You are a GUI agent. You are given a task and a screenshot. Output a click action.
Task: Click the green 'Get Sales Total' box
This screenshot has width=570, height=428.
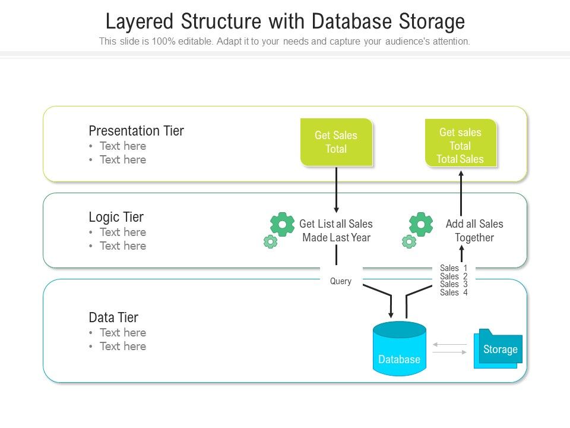(336, 142)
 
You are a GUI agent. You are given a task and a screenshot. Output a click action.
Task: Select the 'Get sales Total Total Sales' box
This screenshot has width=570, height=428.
(460, 145)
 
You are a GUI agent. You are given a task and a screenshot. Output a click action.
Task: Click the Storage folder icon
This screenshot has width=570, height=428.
(498, 349)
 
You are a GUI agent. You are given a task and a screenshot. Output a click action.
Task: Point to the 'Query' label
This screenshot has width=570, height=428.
(341, 281)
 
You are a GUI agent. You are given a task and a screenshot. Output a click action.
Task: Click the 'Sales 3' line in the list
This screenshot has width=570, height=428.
(454, 284)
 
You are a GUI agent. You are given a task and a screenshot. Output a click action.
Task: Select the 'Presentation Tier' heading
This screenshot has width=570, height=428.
(136, 131)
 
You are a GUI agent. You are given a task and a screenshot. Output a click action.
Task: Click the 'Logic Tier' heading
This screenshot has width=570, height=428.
(116, 217)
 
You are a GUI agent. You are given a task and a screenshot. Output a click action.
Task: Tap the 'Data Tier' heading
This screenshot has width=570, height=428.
(113, 317)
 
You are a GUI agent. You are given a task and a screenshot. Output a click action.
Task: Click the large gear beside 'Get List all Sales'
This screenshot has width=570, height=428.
(282, 224)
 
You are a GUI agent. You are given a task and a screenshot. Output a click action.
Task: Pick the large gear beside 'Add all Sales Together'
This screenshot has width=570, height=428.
(421, 224)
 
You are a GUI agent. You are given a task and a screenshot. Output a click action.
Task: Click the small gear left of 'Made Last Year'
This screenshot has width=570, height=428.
(270, 241)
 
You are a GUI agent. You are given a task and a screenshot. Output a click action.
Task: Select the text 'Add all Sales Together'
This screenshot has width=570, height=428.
(474, 231)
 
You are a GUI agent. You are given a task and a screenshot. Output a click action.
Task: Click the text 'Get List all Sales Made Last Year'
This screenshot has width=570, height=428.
(335, 231)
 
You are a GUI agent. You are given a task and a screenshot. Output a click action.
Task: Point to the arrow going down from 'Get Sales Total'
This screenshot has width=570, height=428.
(336, 190)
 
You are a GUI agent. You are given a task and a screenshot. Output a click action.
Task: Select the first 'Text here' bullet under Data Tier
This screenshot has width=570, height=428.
(122, 332)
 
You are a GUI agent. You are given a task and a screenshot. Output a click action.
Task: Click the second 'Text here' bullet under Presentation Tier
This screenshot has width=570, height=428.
(122, 159)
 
